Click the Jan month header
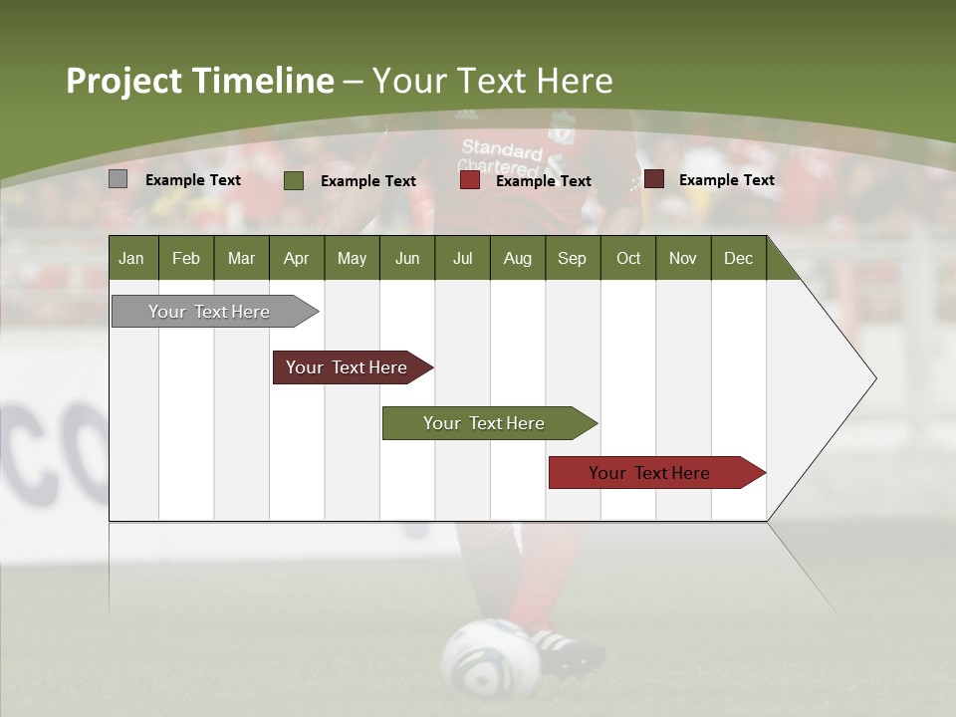[x=131, y=258]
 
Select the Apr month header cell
[x=296, y=258]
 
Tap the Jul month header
[x=462, y=258]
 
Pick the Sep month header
[x=572, y=258]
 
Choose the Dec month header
[x=738, y=258]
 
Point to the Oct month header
[x=628, y=258]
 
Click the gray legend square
[x=118, y=179]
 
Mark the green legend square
[x=294, y=180]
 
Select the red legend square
[x=469, y=180]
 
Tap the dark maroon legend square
[x=653, y=179]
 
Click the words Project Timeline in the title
[x=199, y=81]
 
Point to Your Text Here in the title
[x=493, y=81]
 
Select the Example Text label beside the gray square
[x=192, y=180]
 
